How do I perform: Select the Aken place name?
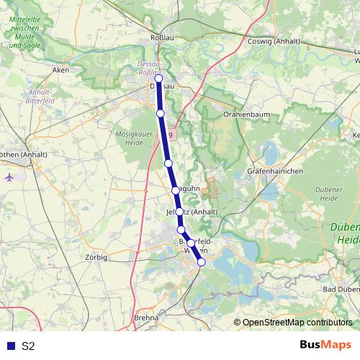pyautogui.click(x=60, y=70)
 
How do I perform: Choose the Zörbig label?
pyautogui.click(x=96, y=257)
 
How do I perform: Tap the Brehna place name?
pyautogui.click(x=146, y=317)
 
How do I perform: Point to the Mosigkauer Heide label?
pyautogui.click(x=132, y=138)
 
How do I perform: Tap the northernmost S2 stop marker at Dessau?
pyautogui.click(x=159, y=79)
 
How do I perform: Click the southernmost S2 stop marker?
pyautogui.click(x=202, y=262)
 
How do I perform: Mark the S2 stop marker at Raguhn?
pyautogui.click(x=175, y=190)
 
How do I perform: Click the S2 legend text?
pyautogui.click(x=28, y=346)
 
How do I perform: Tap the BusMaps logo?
pyautogui.click(x=326, y=345)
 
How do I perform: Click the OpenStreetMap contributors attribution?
pyautogui.click(x=297, y=323)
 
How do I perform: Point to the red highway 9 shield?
pyautogui.click(x=170, y=135)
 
